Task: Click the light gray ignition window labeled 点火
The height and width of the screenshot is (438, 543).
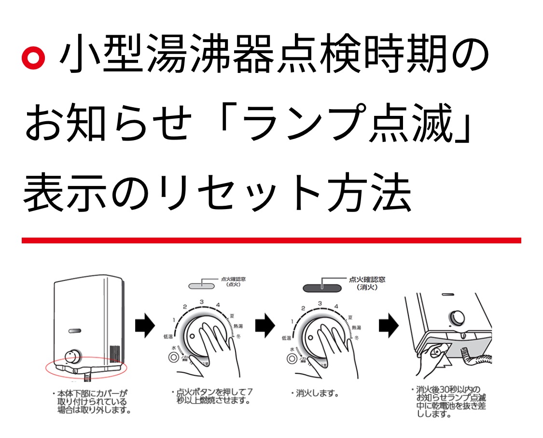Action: (201, 285)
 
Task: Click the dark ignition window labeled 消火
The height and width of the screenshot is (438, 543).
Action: (322, 287)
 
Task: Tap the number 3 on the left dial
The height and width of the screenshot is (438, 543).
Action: (201, 302)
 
